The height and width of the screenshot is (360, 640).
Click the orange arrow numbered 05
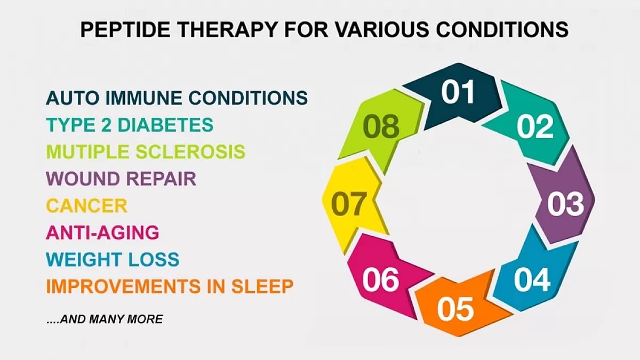[x=455, y=308]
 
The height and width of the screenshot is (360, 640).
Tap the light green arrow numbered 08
[x=381, y=127]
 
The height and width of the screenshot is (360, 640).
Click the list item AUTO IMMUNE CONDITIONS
[x=177, y=98]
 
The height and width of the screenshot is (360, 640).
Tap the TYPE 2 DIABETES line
[x=130, y=125]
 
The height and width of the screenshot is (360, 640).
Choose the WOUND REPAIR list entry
[x=122, y=179]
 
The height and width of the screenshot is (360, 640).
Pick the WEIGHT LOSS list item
[x=113, y=260]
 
